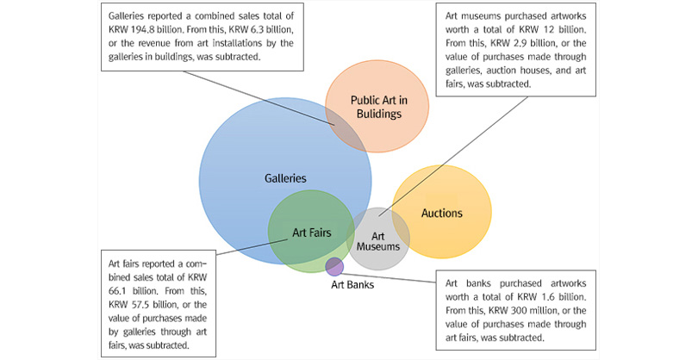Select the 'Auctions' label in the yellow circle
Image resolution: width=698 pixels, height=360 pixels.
coord(441,213)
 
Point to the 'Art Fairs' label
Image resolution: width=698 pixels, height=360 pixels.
coord(311,232)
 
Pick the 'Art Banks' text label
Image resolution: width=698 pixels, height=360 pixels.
coord(353,284)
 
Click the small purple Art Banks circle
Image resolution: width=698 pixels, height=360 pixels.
coord(334,266)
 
